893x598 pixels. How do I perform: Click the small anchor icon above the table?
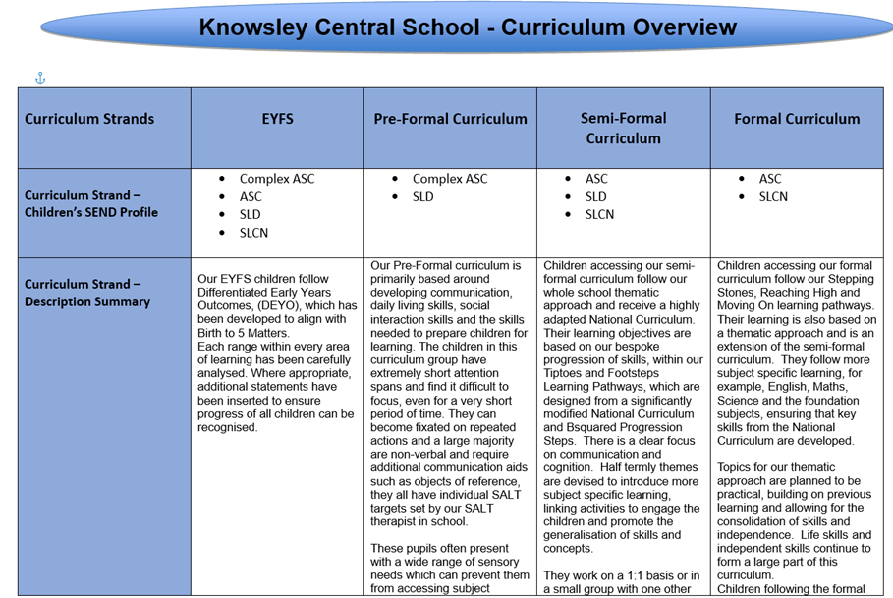[x=40, y=79]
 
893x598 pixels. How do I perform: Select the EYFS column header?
[x=277, y=119]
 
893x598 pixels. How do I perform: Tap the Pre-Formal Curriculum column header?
[x=450, y=119]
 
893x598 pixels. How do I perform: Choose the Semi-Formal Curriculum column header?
[x=623, y=128]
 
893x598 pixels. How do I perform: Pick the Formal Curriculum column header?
[x=797, y=119]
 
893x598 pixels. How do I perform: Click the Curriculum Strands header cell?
[x=89, y=119]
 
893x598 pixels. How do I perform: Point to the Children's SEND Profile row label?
[x=91, y=203]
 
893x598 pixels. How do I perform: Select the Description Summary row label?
[x=87, y=293]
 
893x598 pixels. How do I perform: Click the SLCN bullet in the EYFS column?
[x=253, y=233]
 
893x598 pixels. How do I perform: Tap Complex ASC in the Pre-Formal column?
[x=449, y=179]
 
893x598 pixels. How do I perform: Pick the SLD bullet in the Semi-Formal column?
[x=596, y=196]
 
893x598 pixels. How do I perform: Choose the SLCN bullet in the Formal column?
[x=773, y=196]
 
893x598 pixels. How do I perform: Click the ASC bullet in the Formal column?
[x=770, y=179]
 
